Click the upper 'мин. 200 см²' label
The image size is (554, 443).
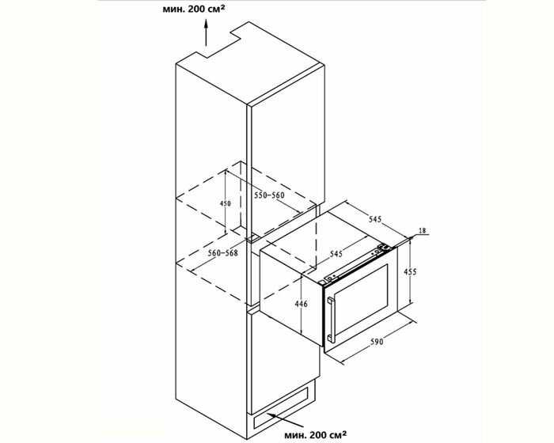(194, 9)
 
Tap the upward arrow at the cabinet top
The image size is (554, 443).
(206, 33)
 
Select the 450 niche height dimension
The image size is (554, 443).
(225, 203)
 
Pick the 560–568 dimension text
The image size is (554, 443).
(223, 253)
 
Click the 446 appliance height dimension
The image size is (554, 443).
(301, 304)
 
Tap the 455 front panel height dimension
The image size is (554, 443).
(410, 271)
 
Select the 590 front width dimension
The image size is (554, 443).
(377, 342)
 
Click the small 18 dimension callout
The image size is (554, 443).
(422, 231)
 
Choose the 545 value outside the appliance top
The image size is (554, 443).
(375, 219)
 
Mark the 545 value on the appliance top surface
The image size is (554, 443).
(336, 254)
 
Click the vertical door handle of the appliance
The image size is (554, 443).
(331, 320)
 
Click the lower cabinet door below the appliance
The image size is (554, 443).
(285, 361)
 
